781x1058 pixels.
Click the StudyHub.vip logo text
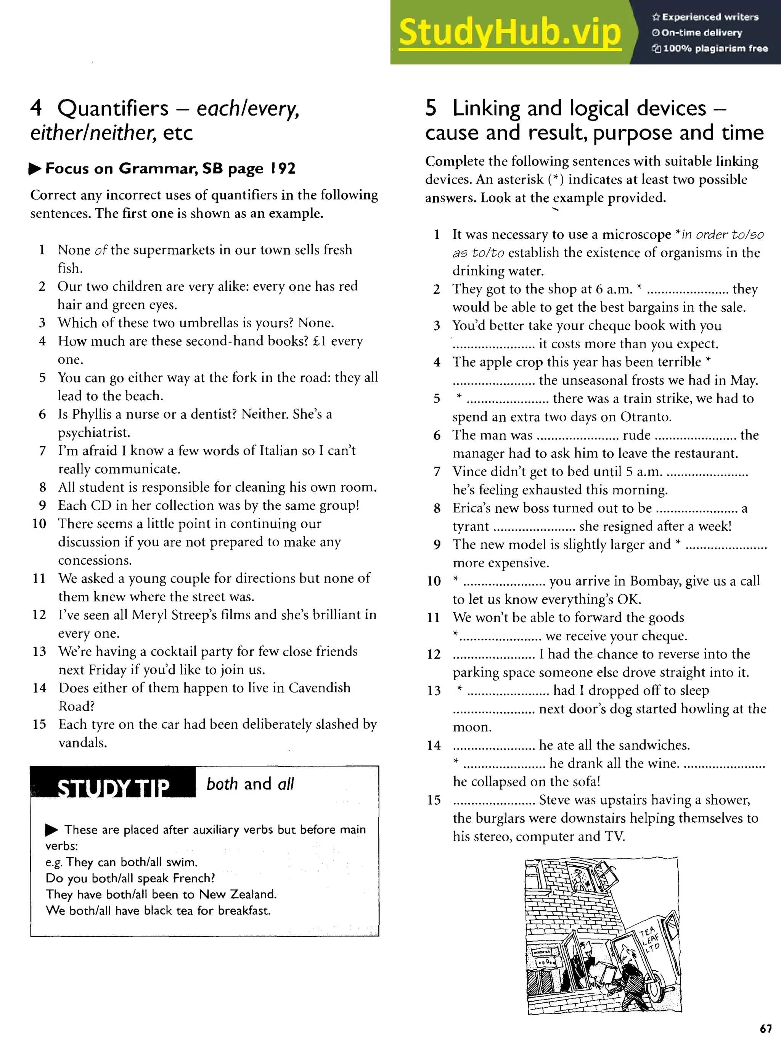509,32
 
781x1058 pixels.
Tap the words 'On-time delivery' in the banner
702,33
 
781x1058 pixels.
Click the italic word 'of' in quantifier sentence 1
101,250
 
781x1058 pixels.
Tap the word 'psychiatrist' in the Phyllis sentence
93,433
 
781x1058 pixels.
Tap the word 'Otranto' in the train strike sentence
645,417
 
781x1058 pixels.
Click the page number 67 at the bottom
765,1029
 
